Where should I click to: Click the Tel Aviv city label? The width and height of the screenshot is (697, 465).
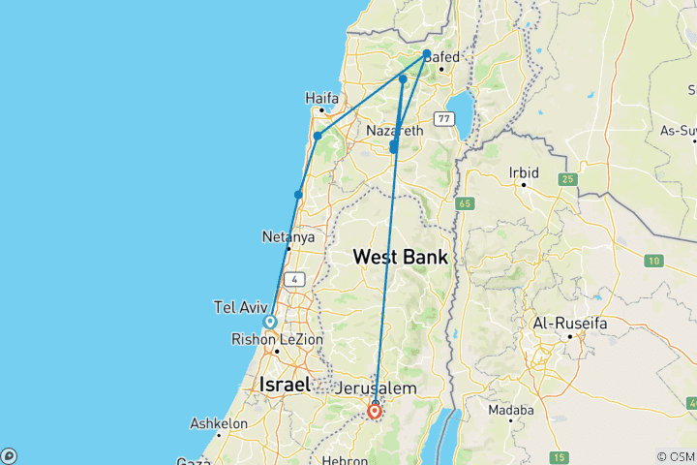[237, 307]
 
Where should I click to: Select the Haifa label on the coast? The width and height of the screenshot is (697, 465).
[321, 99]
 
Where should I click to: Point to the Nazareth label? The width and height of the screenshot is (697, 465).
[395, 130]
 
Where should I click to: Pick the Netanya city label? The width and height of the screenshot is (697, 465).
[288, 236]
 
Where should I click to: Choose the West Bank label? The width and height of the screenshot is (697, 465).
[400, 258]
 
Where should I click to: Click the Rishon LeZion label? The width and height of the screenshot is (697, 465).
[277, 339]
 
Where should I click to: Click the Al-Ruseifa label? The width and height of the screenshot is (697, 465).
[570, 322]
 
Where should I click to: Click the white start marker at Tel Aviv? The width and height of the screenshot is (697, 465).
[270, 322]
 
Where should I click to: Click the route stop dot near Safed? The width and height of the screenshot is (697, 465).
[427, 54]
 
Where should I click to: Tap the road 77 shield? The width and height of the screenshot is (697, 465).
[443, 118]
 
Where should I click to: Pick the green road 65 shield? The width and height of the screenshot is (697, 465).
[466, 203]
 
